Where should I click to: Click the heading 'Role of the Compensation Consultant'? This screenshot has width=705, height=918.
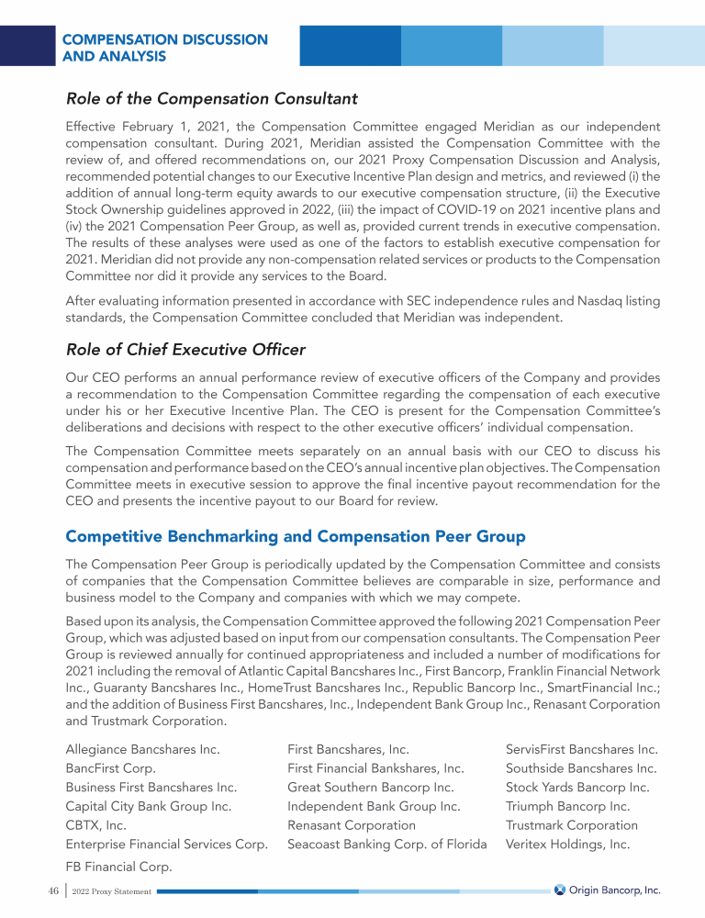pos(211,97)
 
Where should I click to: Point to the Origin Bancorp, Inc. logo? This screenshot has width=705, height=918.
pos(607,890)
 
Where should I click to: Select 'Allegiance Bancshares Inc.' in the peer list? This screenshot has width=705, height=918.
pos(142,749)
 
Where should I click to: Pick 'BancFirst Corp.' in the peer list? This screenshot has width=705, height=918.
pos(110,768)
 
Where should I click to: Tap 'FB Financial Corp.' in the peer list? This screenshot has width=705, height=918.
pos(119,867)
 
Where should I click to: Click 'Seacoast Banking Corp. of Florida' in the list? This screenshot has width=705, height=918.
pos(386,845)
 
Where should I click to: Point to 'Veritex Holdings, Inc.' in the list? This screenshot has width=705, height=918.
pos(567,845)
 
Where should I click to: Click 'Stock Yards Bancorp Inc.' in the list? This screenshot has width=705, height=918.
pos(577,788)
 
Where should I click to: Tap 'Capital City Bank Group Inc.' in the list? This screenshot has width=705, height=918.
pos(148,806)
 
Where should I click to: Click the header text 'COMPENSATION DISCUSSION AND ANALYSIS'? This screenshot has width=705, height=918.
pos(164,49)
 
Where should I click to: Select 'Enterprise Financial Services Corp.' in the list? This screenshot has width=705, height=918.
pos(166,845)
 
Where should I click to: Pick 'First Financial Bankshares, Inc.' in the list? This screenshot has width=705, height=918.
pos(375,768)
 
